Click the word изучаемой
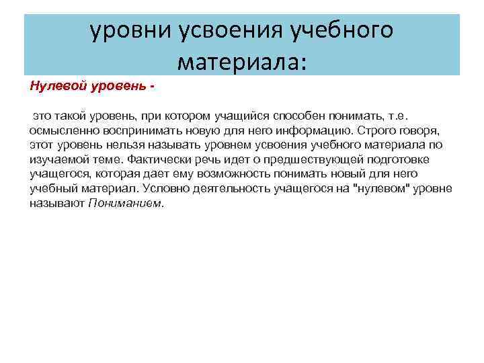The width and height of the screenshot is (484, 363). point(54,159)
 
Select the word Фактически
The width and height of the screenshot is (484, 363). point(134,159)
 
